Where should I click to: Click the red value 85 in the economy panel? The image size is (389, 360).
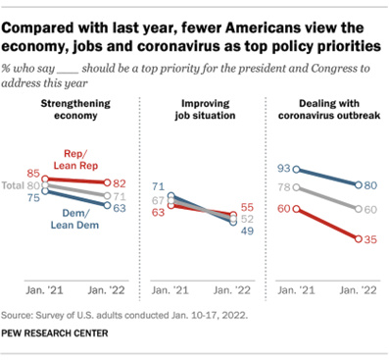32,173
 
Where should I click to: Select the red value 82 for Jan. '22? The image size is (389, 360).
118,183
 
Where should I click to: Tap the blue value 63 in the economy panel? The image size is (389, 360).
118,207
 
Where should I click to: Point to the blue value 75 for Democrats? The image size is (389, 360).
32,196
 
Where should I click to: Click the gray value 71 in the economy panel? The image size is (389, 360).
118,195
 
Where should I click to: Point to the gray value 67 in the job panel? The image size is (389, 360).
157,200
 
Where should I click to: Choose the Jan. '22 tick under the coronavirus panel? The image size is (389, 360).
353,290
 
